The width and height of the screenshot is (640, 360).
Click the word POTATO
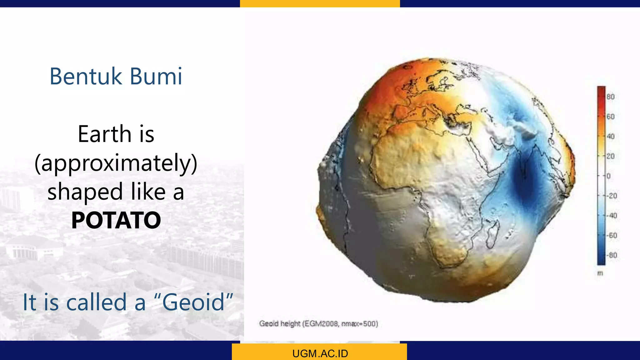click(116, 220)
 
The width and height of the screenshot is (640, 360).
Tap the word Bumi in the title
click(156, 76)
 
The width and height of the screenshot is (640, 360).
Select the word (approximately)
click(116, 163)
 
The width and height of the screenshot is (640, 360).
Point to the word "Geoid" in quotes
click(194, 302)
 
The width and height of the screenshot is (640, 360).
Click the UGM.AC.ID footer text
click(320, 353)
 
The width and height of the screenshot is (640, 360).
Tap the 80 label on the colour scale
click(610, 97)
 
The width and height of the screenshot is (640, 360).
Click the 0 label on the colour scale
click(608, 176)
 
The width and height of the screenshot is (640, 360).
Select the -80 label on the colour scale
click(612, 255)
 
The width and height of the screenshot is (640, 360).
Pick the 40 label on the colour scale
click(610, 136)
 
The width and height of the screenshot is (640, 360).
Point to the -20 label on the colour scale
click(612, 196)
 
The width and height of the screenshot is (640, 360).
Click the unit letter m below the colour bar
click(600, 273)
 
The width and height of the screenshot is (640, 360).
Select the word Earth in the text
click(105, 134)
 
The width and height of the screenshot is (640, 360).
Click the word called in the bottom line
click(96, 302)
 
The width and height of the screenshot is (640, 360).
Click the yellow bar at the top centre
click(320, 3)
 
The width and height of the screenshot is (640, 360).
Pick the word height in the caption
click(290, 324)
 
